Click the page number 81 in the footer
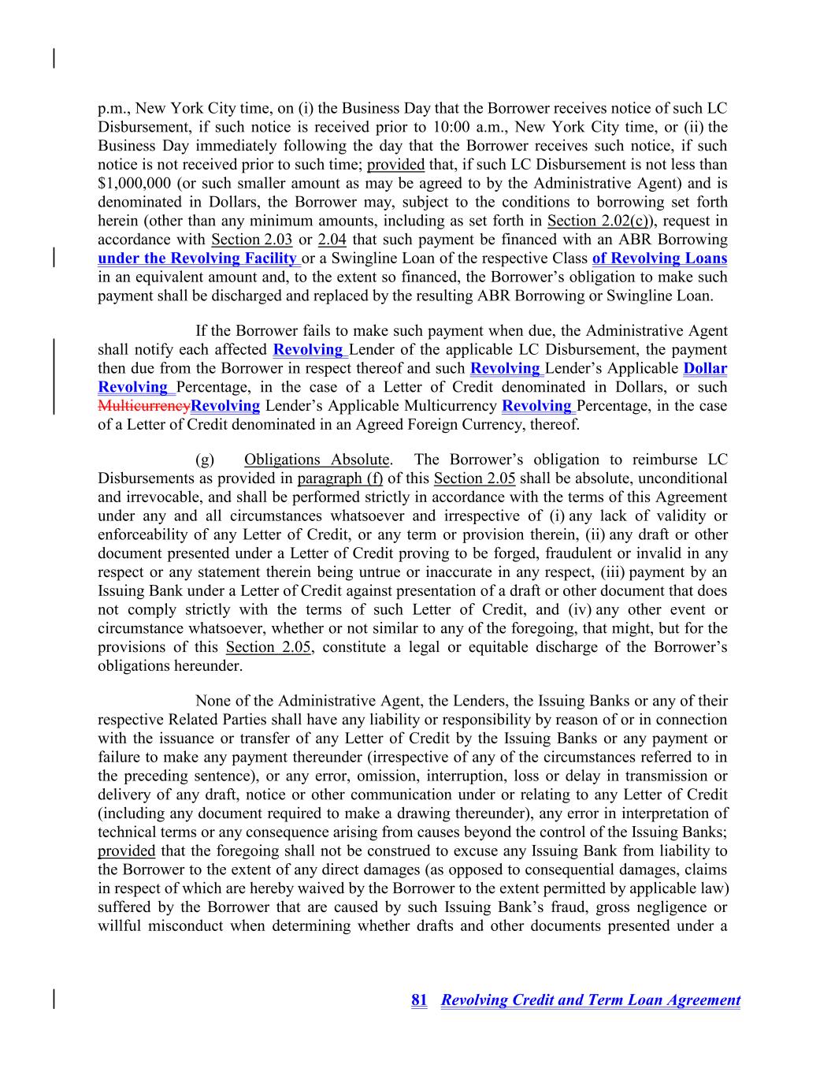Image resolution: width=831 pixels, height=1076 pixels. coord(419,1000)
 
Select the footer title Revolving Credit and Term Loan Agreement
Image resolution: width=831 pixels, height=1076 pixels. coord(590,1000)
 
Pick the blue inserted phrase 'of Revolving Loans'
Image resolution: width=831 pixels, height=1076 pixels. coord(659,259)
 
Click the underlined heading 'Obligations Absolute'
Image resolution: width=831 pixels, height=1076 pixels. coord(317,460)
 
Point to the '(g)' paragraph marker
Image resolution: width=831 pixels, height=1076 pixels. coord(204,460)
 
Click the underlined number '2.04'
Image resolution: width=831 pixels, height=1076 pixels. coord(332,240)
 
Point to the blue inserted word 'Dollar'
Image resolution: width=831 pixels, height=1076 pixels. coord(705,368)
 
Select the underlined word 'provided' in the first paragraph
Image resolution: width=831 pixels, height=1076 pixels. coord(395,165)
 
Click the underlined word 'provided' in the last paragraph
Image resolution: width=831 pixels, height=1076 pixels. coord(126,851)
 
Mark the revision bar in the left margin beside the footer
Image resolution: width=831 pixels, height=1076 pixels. coord(54,999)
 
